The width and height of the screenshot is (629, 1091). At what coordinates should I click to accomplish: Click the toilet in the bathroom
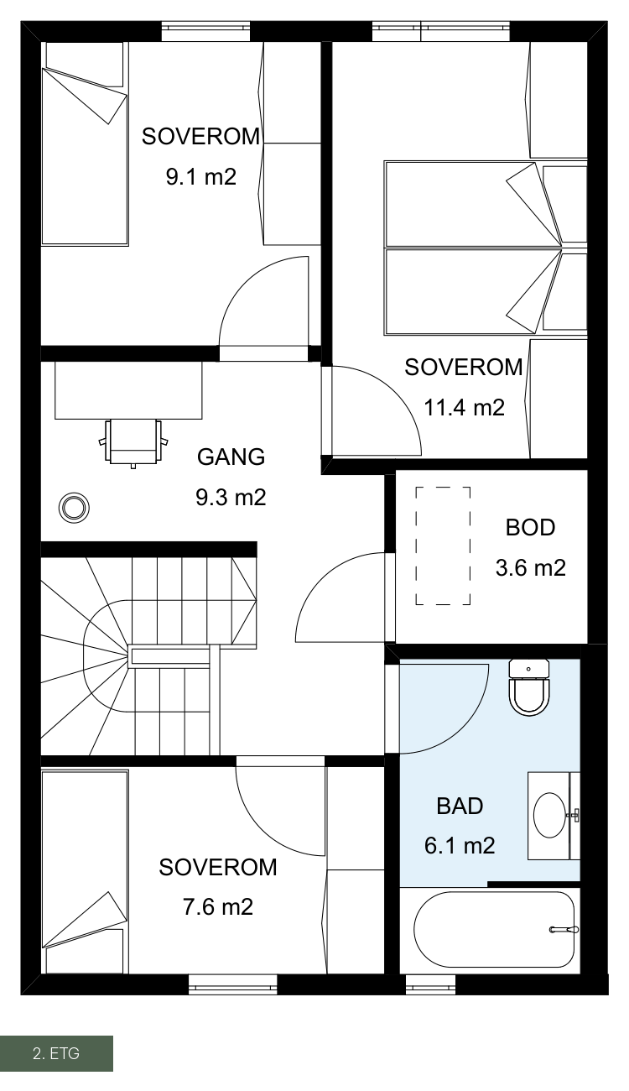[x=528, y=686]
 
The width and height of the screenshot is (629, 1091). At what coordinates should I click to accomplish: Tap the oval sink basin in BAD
[x=550, y=815]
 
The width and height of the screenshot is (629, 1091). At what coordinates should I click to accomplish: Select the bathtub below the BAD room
[x=494, y=929]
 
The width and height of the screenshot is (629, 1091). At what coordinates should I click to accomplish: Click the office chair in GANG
[x=133, y=442]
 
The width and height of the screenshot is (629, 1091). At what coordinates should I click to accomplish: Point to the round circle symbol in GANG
[x=74, y=508]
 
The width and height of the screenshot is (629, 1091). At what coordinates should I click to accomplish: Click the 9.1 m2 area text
[x=201, y=176]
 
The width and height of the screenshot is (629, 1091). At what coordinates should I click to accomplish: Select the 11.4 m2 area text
[x=464, y=407]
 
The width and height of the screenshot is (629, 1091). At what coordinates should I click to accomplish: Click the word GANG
[x=231, y=457]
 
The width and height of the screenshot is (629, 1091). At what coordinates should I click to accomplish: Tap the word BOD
[x=530, y=528]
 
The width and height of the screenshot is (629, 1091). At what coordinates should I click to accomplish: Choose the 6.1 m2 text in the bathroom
[x=460, y=846]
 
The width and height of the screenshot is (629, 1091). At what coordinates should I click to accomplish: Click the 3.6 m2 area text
[x=531, y=568]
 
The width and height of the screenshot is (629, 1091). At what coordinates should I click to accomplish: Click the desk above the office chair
[x=128, y=390]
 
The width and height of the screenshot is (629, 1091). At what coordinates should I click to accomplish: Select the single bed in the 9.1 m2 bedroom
[x=84, y=144]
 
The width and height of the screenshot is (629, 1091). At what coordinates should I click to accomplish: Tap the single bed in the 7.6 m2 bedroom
[x=85, y=872]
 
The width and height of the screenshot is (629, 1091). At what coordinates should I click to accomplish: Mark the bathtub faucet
[x=564, y=929]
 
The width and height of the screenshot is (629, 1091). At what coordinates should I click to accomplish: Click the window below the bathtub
[x=431, y=984]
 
